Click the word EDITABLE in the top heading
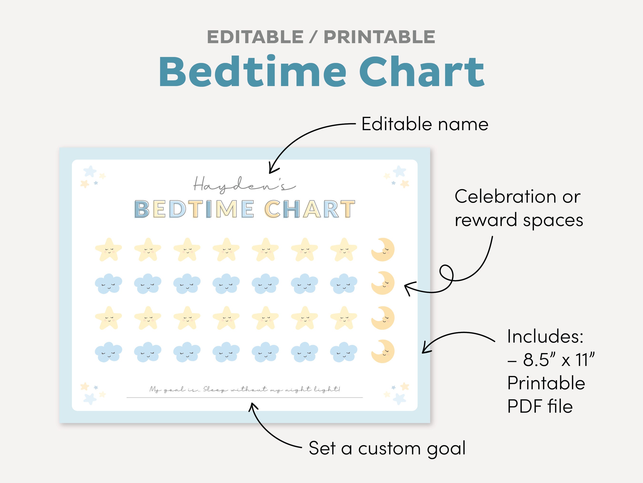point(255,37)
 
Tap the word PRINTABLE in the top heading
point(379,37)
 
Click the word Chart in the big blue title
point(422,72)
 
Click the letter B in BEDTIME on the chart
point(142,209)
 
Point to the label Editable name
point(425,124)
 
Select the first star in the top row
point(108,250)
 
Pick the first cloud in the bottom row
point(108,352)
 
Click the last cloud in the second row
point(344,283)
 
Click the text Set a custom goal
point(387,448)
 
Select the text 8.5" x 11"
point(558,360)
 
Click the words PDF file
point(540,406)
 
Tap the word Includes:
point(545,337)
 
